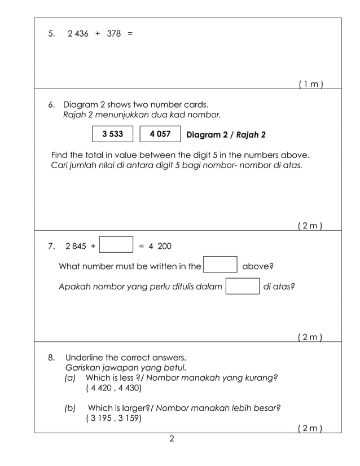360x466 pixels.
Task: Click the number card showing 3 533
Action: click(x=113, y=135)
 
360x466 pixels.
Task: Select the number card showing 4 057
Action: click(x=160, y=135)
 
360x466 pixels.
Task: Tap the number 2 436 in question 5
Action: click(x=77, y=34)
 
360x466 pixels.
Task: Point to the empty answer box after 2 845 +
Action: click(x=116, y=246)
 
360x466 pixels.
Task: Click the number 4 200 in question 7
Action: click(x=160, y=247)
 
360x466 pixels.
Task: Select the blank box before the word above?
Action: click(x=219, y=266)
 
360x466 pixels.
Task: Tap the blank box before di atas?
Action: click(x=243, y=287)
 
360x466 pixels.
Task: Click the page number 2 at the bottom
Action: click(x=172, y=438)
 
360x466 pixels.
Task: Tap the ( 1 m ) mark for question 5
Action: click(x=310, y=84)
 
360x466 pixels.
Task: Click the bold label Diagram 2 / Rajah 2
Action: click(x=226, y=135)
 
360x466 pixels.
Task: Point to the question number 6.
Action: click(x=51, y=105)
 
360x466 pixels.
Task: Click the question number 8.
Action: click(x=51, y=358)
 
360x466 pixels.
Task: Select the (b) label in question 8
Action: click(x=71, y=408)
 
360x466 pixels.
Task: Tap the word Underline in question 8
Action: click(x=85, y=358)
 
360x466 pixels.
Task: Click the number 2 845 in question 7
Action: click(x=76, y=247)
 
